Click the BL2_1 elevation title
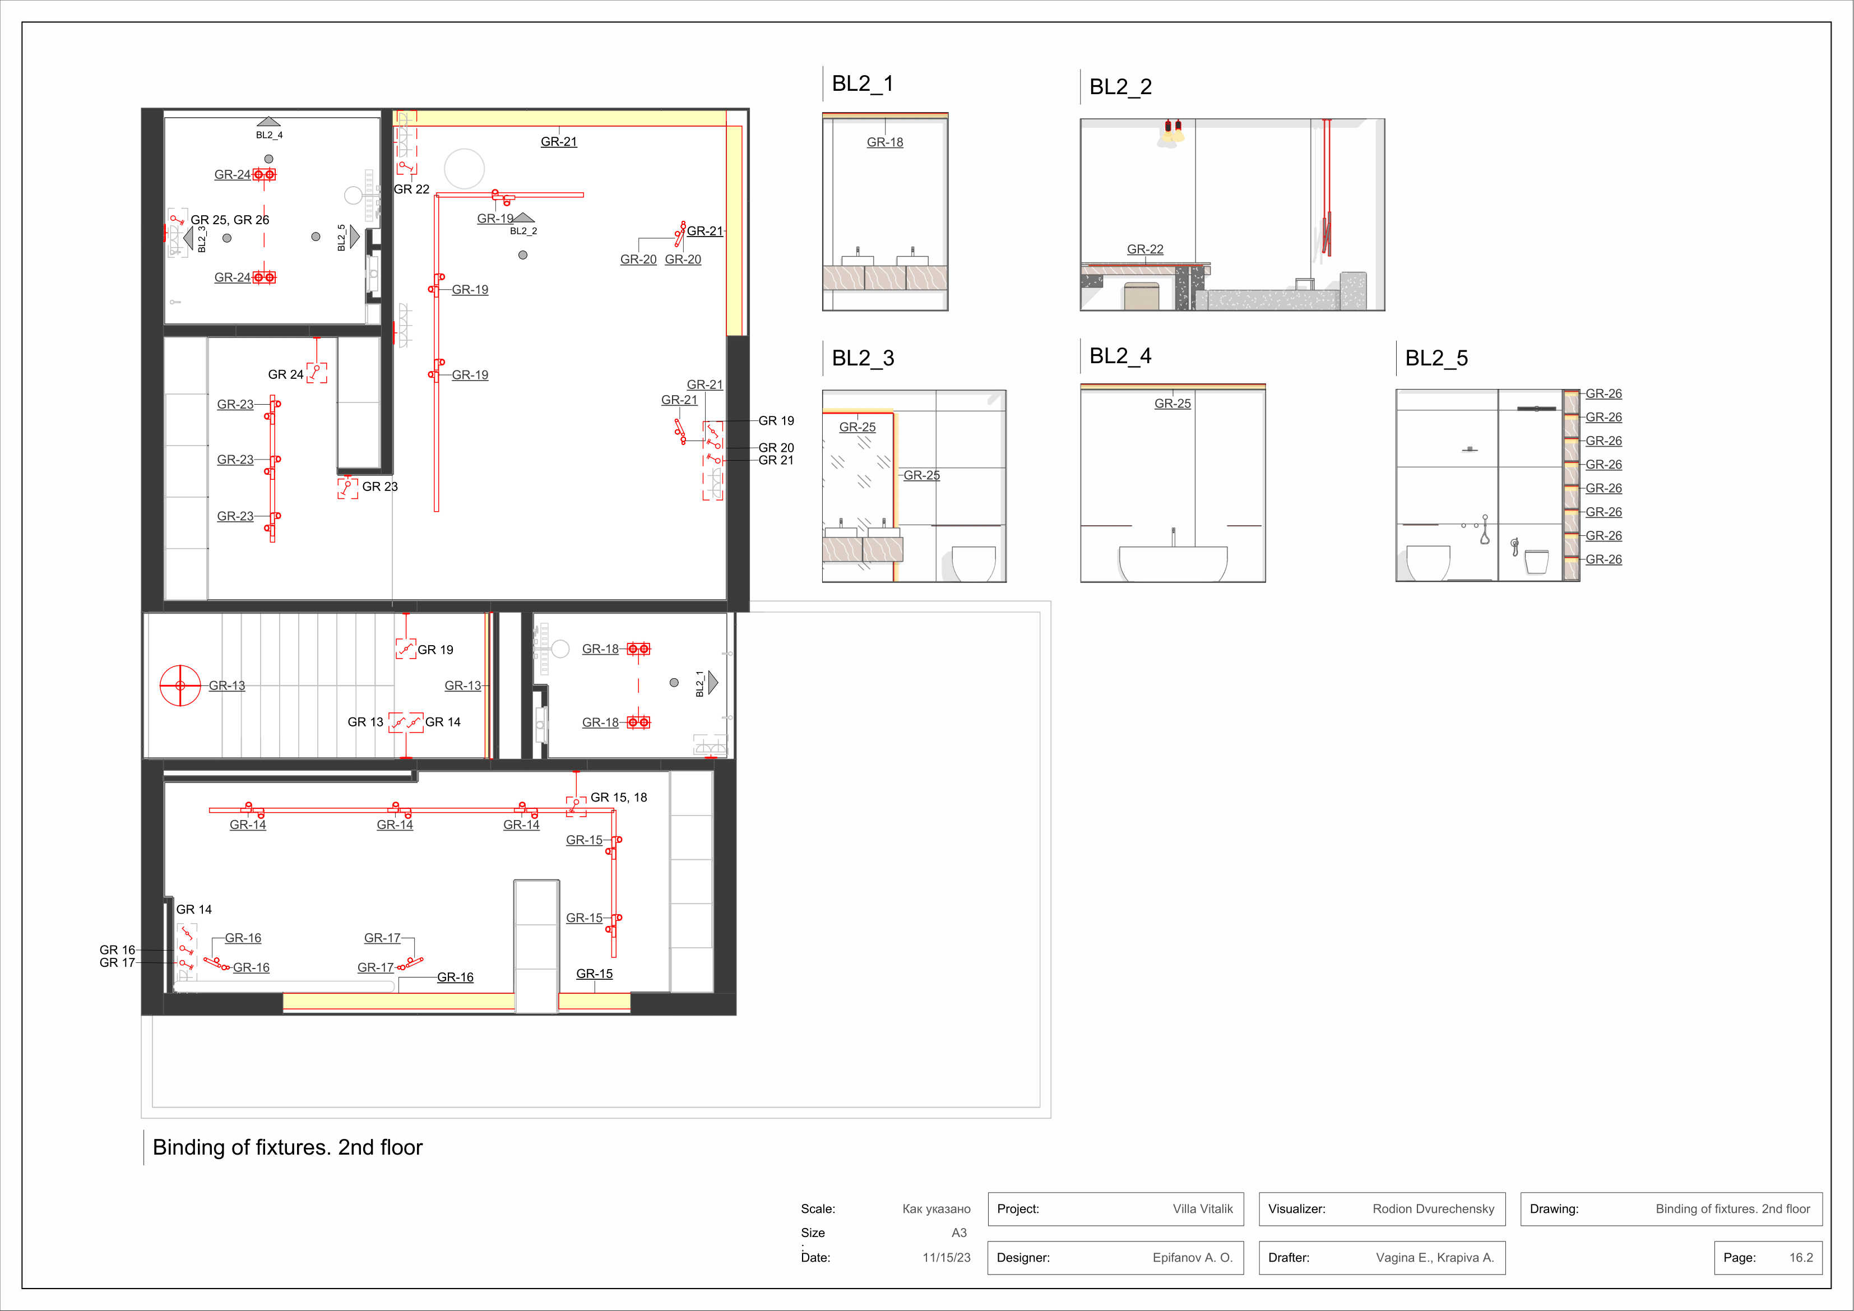(x=863, y=84)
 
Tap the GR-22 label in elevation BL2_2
(x=1145, y=249)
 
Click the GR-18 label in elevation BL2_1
(x=885, y=142)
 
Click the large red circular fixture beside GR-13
(x=180, y=686)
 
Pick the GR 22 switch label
(x=412, y=189)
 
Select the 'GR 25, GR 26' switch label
(x=230, y=220)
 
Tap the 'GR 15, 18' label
(x=619, y=797)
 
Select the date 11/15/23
(x=947, y=1258)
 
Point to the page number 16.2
(x=1801, y=1258)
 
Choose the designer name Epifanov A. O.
(x=1193, y=1258)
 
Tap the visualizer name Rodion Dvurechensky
(x=1433, y=1209)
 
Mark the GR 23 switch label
(x=379, y=487)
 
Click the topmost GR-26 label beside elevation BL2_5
(x=1603, y=394)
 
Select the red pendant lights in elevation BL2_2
(x=1172, y=131)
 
